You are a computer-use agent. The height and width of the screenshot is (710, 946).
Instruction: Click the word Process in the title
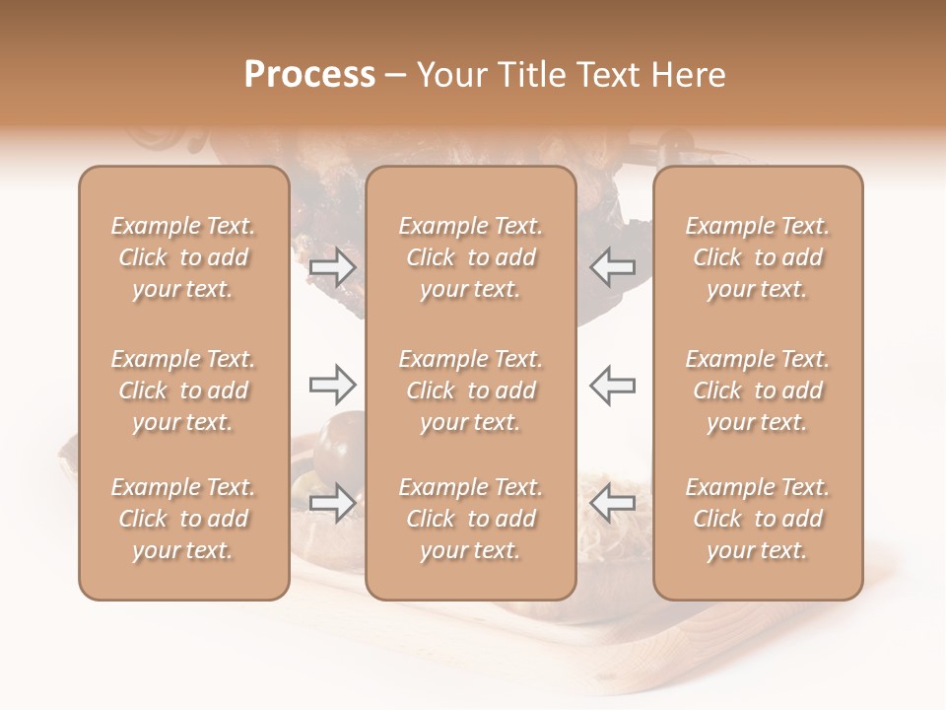[x=309, y=75]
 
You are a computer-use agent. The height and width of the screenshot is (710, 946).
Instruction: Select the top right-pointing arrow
[x=333, y=267]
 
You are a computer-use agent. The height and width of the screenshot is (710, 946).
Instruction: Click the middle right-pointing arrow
[x=333, y=384]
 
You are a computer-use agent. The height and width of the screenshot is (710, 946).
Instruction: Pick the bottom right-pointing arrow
[x=333, y=502]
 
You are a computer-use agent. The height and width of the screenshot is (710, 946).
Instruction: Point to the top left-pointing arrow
[x=612, y=267]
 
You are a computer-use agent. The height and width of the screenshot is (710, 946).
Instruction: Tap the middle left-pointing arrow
[x=612, y=384]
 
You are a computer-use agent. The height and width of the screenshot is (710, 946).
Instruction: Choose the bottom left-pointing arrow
[x=612, y=502]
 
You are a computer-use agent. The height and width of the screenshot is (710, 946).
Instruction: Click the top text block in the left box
[x=183, y=257]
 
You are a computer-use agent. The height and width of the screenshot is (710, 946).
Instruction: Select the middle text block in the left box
[x=183, y=390]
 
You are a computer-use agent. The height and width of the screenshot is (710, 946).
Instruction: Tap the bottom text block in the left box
[x=183, y=519]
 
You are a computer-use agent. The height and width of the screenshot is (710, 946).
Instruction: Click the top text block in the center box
[x=471, y=257]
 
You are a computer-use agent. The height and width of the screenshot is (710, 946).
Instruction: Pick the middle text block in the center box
[x=471, y=390]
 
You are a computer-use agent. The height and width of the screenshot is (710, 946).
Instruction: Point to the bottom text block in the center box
[x=471, y=519]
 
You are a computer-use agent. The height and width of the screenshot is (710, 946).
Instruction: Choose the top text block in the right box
[x=758, y=257]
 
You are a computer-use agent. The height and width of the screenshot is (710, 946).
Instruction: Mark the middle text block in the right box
[x=758, y=390]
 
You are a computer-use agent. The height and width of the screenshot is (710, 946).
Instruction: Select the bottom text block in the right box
[x=758, y=519]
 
